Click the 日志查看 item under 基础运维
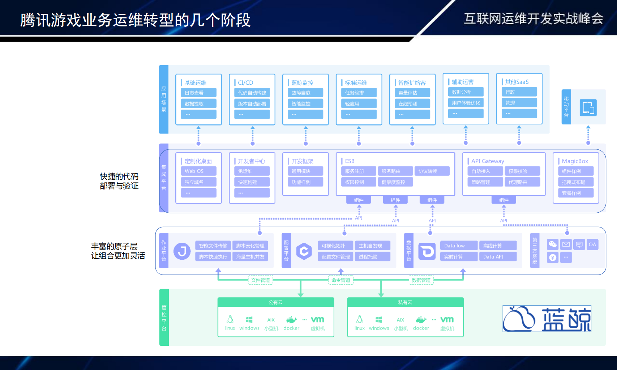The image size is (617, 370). (198, 93)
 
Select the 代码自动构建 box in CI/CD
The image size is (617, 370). (252, 93)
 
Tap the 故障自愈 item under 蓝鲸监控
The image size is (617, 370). (305, 93)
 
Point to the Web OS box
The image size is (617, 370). (198, 171)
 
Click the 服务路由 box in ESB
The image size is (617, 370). (395, 171)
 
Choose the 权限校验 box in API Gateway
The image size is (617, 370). (522, 171)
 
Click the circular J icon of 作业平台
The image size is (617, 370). (182, 251)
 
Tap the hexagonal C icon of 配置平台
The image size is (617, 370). (304, 251)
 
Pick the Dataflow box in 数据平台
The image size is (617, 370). (459, 246)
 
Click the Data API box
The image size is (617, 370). (497, 256)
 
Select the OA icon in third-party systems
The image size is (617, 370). (592, 244)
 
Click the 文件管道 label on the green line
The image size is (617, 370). (260, 280)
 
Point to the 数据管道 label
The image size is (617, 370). (421, 280)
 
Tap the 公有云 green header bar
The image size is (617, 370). (276, 302)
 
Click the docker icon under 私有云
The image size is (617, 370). (421, 320)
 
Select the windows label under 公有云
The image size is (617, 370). (249, 328)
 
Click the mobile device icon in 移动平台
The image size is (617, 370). (588, 108)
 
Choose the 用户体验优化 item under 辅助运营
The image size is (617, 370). (466, 103)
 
